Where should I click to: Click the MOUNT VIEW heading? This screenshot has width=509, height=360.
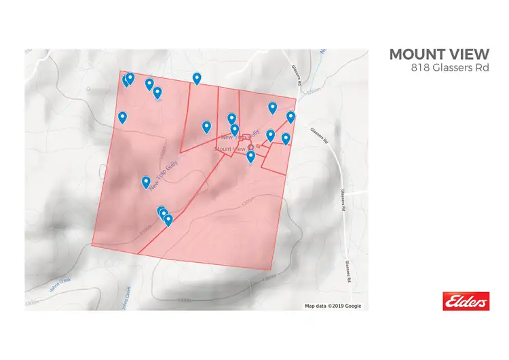(x=438, y=54)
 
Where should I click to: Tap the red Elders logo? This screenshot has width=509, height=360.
(x=466, y=301)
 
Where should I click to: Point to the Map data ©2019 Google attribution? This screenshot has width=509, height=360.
(x=333, y=306)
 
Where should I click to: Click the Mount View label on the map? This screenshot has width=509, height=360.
(x=230, y=149)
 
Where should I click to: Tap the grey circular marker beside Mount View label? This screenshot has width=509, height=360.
(x=250, y=147)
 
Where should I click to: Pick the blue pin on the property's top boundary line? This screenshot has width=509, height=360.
(x=197, y=79)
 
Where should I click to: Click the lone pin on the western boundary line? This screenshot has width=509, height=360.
(x=123, y=118)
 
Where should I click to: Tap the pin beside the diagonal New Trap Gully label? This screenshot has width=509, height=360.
(x=146, y=182)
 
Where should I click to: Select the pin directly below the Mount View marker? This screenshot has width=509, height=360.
(x=250, y=157)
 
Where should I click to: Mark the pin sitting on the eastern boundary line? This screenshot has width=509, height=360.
(x=291, y=117)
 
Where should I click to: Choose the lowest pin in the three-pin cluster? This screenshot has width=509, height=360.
(x=168, y=220)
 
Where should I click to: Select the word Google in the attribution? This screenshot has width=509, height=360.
(x=353, y=306)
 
